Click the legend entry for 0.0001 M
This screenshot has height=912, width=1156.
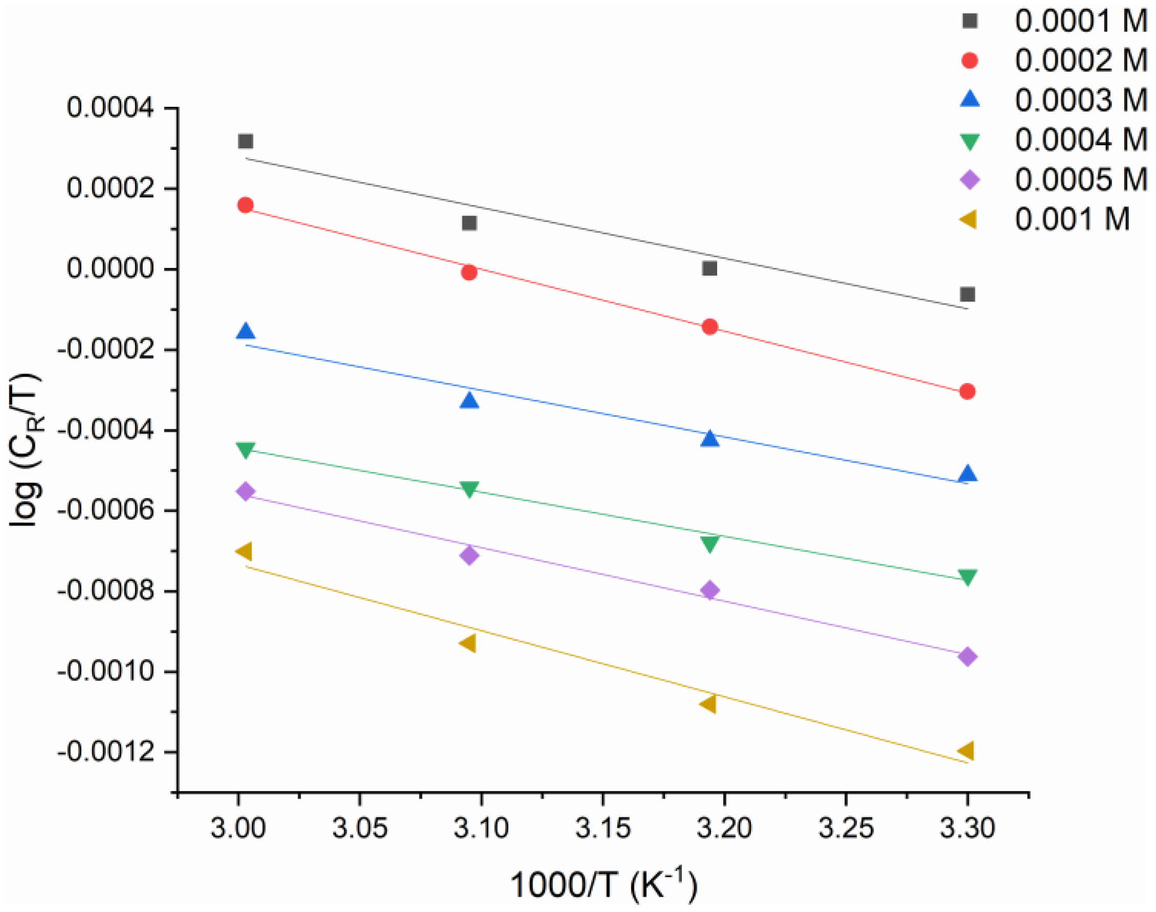[x=1081, y=21]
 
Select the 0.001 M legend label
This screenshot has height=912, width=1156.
[x=1072, y=219]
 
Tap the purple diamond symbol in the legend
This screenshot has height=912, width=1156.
[x=970, y=179]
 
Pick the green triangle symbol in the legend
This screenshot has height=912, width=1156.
[x=970, y=142]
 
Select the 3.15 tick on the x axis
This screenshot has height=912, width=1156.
[x=603, y=828]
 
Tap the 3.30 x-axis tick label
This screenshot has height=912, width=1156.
[x=967, y=828]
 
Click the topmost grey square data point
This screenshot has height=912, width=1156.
[x=245, y=142]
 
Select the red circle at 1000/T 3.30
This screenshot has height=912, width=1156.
[x=967, y=392]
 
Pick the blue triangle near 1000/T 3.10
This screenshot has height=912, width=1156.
[x=469, y=400]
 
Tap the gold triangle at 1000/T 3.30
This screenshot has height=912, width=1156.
[x=966, y=750]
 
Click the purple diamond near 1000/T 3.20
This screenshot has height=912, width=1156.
[x=709, y=590]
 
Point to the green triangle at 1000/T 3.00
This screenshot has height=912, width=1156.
[x=245, y=449]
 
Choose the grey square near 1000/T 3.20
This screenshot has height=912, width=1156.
[x=709, y=268]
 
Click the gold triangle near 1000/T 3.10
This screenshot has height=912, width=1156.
[x=468, y=643]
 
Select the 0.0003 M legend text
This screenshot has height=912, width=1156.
[x=1081, y=100]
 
